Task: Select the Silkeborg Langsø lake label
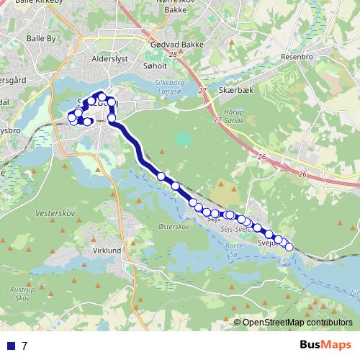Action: (x=171, y=86)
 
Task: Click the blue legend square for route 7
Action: (x=11, y=346)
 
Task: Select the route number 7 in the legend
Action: (x=24, y=346)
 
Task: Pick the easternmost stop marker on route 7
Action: (x=289, y=247)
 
